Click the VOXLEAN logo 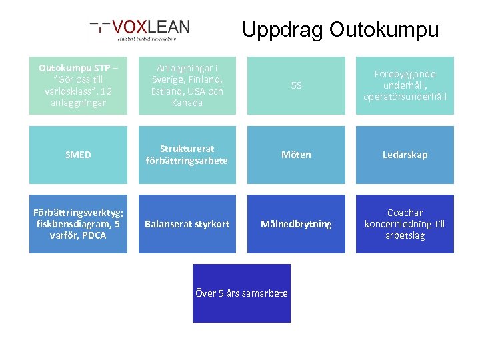141,30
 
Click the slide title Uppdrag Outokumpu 340,29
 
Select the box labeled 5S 296,85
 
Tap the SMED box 78,155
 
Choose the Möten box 296,155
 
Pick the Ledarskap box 405,155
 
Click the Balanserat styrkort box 187,224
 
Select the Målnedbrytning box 296,224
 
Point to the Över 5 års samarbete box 241,293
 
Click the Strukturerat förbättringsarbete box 187,155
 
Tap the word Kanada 187,103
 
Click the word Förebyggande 405,74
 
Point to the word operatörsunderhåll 405,97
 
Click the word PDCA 93,235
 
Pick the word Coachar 405,213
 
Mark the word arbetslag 405,235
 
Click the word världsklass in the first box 62,91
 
